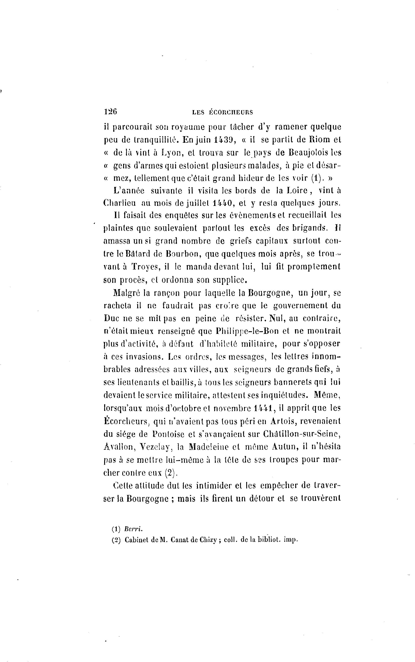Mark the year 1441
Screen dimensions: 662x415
click(x=263, y=408)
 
